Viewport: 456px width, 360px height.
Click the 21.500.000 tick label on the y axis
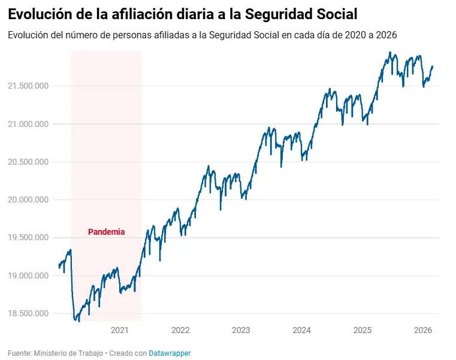pyautogui.click(x=28, y=86)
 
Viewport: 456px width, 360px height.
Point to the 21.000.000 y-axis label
pyautogui.click(x=28, y=124)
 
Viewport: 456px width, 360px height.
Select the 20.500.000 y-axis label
pyautogui.click(x=28, y=162)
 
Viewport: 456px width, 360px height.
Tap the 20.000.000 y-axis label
pyautogui.click(x=28, y=200)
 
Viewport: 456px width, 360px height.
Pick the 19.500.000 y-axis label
pyautogui.click(x=28, y=238)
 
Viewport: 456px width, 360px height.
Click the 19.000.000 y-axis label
pyautogui.click(x=28, y=276)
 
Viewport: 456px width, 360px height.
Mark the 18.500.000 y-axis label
pyautogui.click(x=28, y=313)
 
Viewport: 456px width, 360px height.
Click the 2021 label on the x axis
pyautogui.click(x=120, y=330)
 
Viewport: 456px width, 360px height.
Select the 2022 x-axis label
pyautogui.click(x=180, y=330)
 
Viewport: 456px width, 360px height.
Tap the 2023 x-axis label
pyautogui.click(x=241, y=330)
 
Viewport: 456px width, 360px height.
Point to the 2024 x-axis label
pyautogui.click(x=302, y=330)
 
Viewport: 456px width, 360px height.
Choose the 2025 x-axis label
pyautogui.click(x=363, y=330)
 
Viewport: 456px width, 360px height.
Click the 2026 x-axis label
pyautogui.click(x=423, y=330)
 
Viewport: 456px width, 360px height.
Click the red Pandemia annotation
pyautogui.click(x=107, y=232)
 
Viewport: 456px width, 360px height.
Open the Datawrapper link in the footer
pyautogui.click(x=170, y=353)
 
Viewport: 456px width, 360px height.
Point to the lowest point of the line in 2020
pyautogui.click(x=78, y=321)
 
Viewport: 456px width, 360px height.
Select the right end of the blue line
pyautogui.click(x=433, y=66)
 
